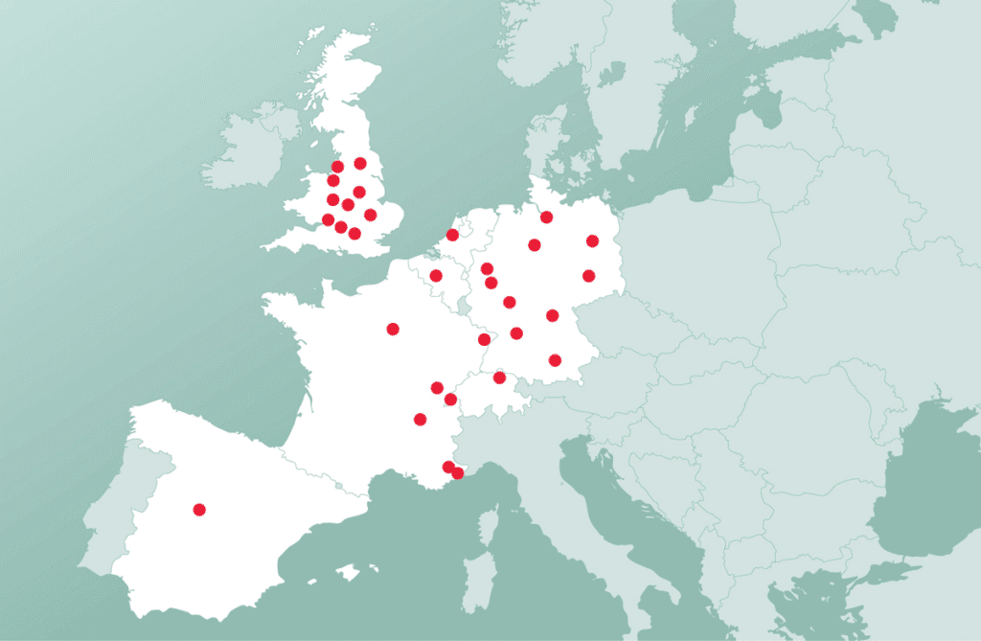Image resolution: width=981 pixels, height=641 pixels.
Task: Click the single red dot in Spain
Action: pos(199,510)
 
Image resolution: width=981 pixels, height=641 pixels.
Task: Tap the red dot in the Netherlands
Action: pos(452,235)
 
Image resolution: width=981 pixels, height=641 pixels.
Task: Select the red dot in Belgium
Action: pos(436,276)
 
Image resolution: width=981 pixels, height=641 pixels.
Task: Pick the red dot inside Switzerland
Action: pos(499,378)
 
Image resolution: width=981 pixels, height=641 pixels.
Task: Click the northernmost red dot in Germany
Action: pos(546,217)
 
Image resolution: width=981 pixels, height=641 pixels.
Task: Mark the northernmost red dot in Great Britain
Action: pos(360,163)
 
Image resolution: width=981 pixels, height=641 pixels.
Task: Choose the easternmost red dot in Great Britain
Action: pos(370,215)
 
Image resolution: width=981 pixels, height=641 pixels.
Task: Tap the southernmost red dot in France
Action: pos(457,473)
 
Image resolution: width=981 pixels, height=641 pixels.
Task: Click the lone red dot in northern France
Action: pos(393,329)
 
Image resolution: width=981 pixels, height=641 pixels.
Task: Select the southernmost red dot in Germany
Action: pos(555,360)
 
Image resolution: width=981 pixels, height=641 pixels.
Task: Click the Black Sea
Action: pos(920,479)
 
